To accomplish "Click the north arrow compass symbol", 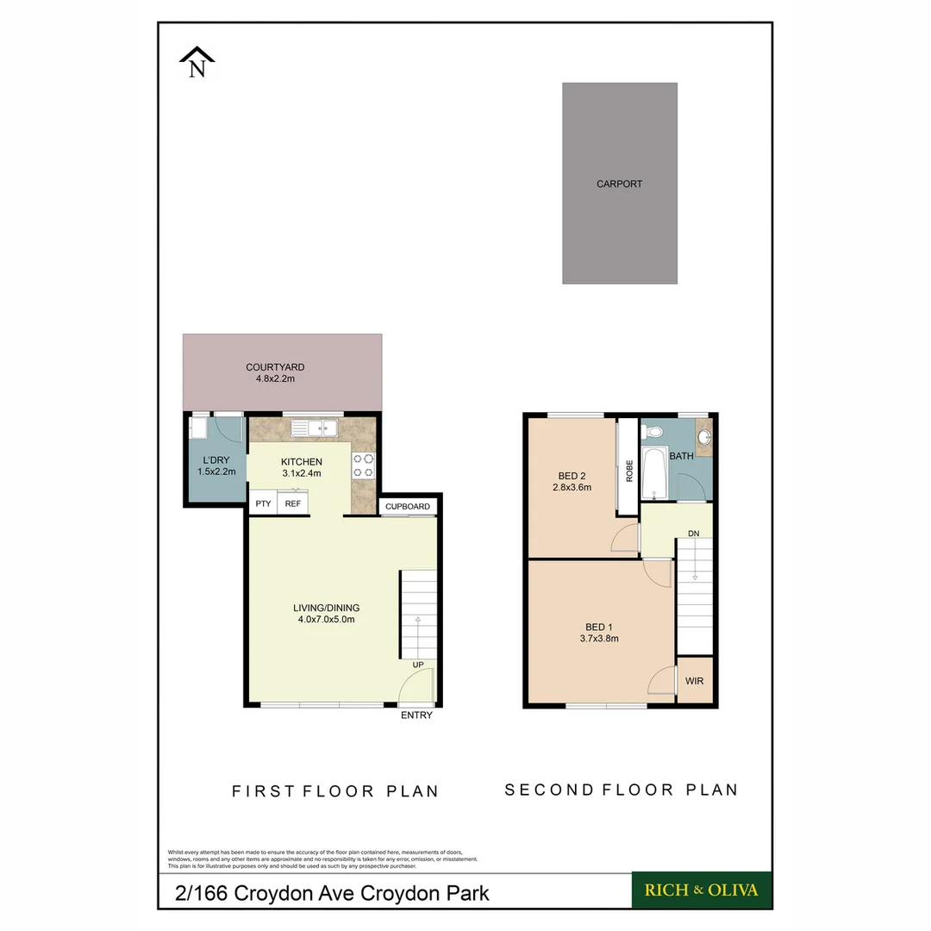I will pos(197,63).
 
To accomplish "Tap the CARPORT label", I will pos(619,184).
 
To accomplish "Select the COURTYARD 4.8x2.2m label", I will pos(275,373).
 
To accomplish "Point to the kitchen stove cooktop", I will pos(363,465).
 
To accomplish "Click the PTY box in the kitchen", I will pos(262,504).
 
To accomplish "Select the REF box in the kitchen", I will pos(293,504).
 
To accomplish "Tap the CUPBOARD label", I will pos(407,507).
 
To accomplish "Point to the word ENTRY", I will pos(416,715).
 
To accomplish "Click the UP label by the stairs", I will pos(417,665).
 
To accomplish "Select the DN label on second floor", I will pos(693,534).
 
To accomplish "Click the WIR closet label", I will pos(694,681).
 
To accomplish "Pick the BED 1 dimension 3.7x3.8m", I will pos(600,639).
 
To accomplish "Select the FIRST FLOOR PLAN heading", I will pos(335,791).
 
